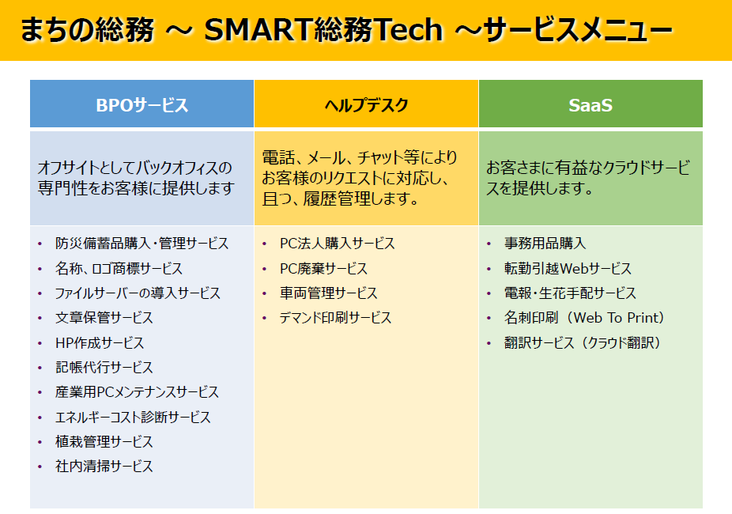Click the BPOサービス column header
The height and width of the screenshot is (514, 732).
tap(142, 105)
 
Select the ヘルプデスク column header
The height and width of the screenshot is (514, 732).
tap(367, 105)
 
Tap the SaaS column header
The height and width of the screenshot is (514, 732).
tap(591, 105)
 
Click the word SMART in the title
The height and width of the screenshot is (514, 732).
tap(259, 30)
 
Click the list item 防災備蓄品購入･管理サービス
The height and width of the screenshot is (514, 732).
tap(142, 244)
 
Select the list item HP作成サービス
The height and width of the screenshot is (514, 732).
tap(100, 342)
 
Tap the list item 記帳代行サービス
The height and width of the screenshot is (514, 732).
tap(104, 368)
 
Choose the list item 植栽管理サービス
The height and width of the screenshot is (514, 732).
tap(104, 441)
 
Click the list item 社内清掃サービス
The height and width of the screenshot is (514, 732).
tap(104, 466)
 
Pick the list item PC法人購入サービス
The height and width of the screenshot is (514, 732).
tap(337, 244)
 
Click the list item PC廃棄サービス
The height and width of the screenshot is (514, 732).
tap(323, 268)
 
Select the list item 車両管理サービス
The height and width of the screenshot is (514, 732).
tap(329, 293)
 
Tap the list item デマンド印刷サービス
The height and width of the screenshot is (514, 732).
tap(335, 318)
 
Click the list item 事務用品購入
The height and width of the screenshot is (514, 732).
tap(545, 244)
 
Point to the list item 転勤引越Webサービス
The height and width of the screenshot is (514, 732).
tap(568, 268)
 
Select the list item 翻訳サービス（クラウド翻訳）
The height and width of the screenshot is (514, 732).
tap(583, 342)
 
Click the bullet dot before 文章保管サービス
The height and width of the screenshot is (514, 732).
tap(40, 318)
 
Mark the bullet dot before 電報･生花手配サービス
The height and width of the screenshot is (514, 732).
tap(489, 293)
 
